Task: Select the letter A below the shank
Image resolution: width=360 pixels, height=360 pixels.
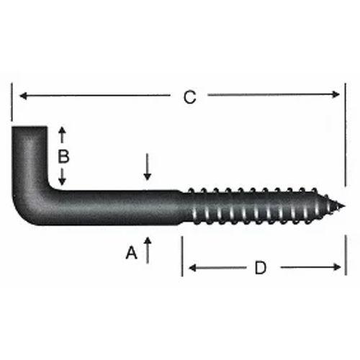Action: tap(131, 253)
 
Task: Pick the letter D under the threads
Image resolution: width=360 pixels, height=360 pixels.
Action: tap(261, 268)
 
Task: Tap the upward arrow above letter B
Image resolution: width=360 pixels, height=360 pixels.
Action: tap(63, 132)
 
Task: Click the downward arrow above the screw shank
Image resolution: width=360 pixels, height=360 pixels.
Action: tap(148, 173)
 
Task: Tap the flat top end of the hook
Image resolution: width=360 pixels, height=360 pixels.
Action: tap(30, 130)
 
